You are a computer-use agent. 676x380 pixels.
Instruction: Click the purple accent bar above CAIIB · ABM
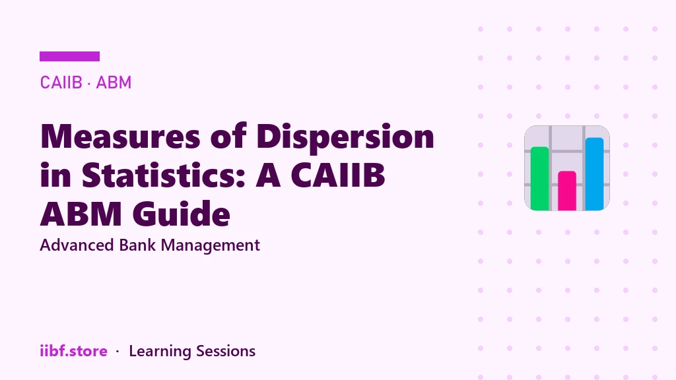click(x=69, y=57)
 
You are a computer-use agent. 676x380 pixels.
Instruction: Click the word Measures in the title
click(x=121, y=136)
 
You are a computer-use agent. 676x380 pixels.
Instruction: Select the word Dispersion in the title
click(x=345, y=137)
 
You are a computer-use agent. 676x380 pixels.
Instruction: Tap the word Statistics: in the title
click(x=164, y=175)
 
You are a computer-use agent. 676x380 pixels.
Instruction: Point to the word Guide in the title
click(x=181, y=213)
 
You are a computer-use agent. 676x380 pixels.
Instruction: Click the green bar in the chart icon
click(x=540, y=178)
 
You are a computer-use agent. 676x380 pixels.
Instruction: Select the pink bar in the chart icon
click(x=567, y=191)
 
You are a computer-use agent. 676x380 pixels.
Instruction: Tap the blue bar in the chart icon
click(x=594, y=174)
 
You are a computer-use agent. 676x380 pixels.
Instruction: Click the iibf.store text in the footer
click(x=73, y=351)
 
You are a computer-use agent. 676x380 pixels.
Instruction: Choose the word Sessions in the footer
click(x=226, y=351)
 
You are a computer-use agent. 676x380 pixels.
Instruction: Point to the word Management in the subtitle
click(x=211, y=246)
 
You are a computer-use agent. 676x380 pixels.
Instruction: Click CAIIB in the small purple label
click(x=61, y=82)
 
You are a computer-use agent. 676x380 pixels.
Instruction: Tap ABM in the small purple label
click(x=114, y=82)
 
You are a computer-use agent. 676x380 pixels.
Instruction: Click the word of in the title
click(x=228, y=136)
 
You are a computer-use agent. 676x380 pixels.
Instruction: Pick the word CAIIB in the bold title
click(x=337, y=175)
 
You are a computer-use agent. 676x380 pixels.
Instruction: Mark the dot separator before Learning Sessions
click(x=118, y=352)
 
